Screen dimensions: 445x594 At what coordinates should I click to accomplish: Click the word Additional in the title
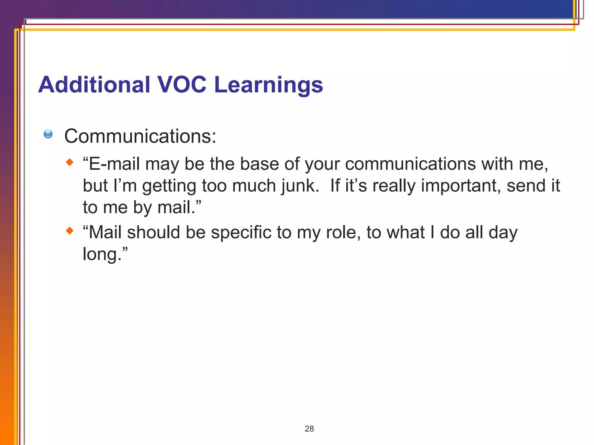point(94,85)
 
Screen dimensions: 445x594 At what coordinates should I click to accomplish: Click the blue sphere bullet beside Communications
point(48,134)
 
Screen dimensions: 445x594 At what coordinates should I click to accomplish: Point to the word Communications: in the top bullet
point(140,136)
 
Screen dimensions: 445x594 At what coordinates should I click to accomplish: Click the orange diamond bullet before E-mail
point(70,162)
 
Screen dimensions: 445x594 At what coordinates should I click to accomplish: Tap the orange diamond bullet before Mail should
point(70,231)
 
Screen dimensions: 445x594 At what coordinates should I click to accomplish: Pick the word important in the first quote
point(461,186)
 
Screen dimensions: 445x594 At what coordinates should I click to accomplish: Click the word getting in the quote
point(169,186)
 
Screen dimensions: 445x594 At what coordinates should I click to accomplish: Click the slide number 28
point(309,429)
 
